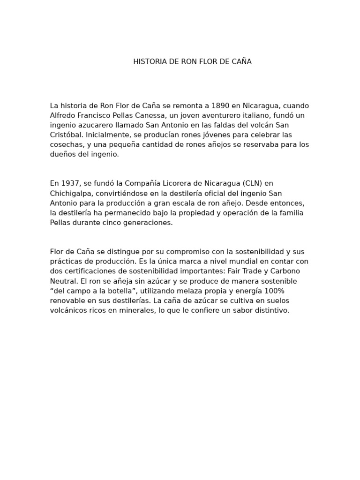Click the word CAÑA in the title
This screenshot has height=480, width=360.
[240, 61]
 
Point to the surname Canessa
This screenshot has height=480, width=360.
[152, 115]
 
